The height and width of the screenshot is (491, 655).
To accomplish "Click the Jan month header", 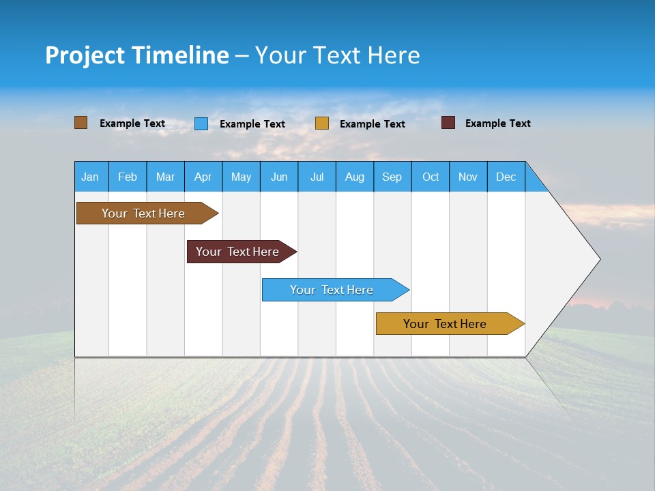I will click(91, 177).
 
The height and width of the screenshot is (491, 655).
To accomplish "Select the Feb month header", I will click(128, 177).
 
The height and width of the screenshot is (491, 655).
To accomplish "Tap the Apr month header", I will click(203, 177).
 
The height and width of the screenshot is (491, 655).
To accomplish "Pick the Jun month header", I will click(279, 177).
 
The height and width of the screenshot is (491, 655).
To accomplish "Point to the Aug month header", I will click(355, 177).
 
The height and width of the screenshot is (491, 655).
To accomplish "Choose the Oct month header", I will click(431, 177).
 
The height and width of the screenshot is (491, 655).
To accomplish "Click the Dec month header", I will click(506, 177).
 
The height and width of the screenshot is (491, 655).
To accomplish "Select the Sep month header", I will click(392, 177).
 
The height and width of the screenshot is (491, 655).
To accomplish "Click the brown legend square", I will click(81, 123).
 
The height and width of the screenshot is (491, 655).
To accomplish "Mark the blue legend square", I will click(201, 123).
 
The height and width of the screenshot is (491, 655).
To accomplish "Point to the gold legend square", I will click(322, 123).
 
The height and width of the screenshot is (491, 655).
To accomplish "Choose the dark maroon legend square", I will click(448, 123).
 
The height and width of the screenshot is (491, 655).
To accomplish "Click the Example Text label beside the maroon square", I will click(497, 123).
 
